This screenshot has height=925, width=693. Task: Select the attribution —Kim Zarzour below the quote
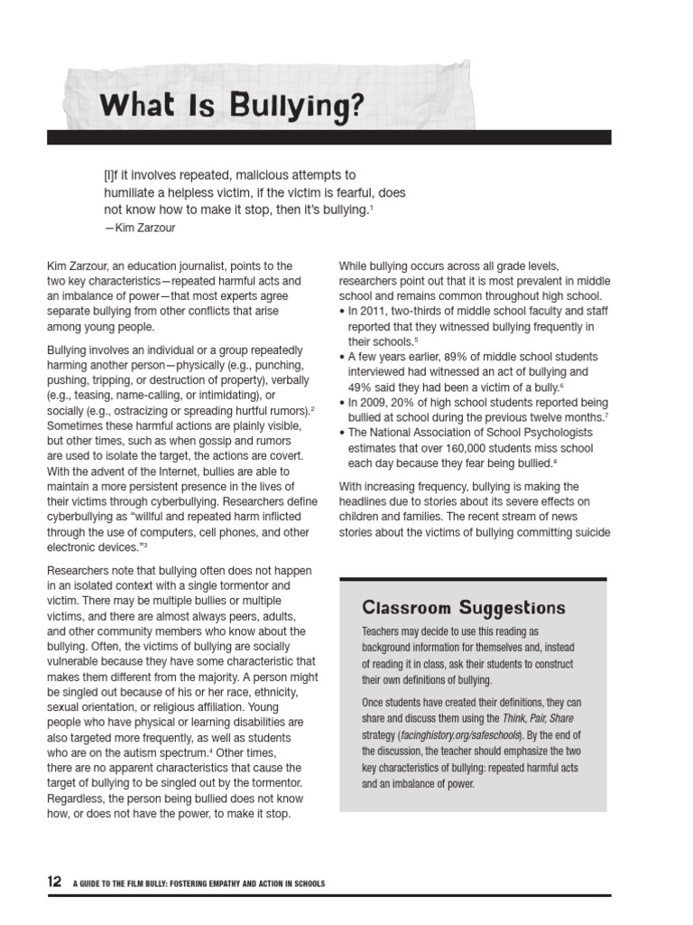(x=140, y=229)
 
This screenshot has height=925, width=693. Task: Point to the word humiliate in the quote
(x=135, y=192)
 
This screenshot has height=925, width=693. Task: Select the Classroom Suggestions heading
(x=464, y=607)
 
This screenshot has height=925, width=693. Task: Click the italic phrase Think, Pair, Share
(x=532, y=720)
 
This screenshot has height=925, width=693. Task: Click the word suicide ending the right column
(x=592, y=533)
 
